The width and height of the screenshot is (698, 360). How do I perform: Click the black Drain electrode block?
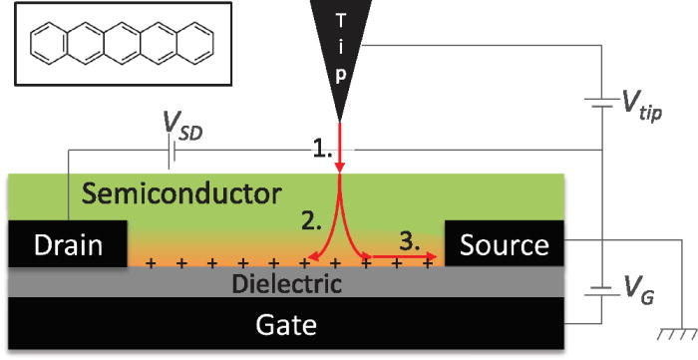(68, 244)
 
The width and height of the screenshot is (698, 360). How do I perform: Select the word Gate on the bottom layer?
(288, 325)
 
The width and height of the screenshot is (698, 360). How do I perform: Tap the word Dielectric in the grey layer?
(287, 283)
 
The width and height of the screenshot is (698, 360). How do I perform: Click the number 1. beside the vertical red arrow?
(320, 151)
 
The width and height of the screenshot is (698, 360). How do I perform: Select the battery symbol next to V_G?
(603, 290)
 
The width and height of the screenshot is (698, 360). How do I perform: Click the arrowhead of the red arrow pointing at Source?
(435, 257)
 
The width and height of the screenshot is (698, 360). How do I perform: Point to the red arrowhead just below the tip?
(341, 165)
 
